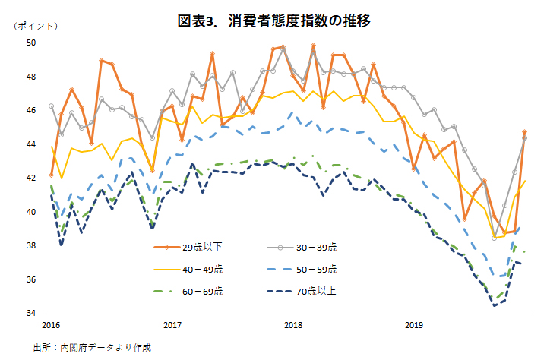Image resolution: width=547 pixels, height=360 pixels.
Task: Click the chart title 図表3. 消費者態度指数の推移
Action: click(x=273, y=21)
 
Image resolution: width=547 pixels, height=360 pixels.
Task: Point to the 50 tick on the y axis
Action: click(x=33, y=43)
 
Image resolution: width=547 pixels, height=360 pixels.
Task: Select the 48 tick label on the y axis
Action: click(x=33, y=77)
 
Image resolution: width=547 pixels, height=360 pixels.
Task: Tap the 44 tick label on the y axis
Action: click(x=33, y=144)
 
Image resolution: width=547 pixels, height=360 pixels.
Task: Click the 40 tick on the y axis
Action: click(x=33, y=212)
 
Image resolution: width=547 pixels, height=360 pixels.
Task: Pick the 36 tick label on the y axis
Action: click(x=33, y=279)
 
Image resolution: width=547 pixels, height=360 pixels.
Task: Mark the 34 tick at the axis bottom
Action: click(x=33, y=313)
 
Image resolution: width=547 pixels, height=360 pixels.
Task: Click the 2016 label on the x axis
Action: click(x=51, y=325)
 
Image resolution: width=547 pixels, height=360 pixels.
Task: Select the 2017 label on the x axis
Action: click(x=172, y=325)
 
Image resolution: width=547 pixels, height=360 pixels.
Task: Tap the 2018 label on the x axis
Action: click(x=292, y=325)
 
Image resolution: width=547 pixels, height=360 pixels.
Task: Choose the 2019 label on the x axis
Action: click(x=413, y=325)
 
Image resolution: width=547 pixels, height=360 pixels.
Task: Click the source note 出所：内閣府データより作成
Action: click(x=92, y=348)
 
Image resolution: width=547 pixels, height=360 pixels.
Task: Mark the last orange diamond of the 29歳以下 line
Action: click(x=525, y=132)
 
